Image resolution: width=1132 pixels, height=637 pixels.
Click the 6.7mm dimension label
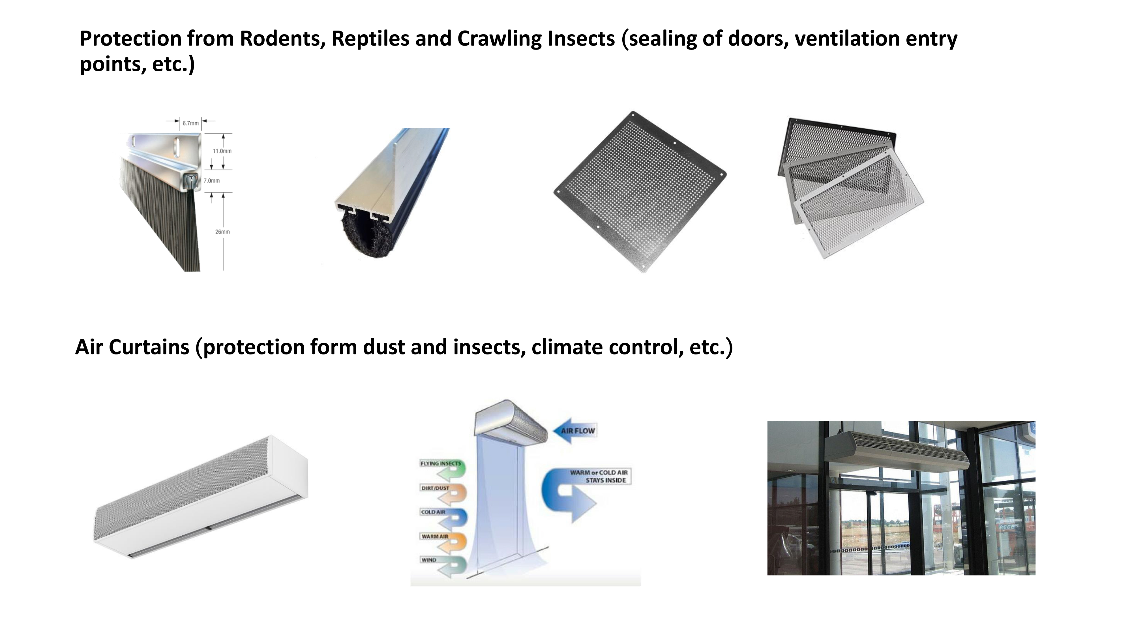(191, 123)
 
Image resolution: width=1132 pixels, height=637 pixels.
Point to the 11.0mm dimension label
(222, 151)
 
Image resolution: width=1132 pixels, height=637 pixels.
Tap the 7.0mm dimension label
(211, 181)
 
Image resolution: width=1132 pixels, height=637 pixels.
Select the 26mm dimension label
(222, 232)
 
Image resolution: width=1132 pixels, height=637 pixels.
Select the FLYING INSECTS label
(441, 464)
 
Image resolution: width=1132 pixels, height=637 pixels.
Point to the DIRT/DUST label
(435, 488)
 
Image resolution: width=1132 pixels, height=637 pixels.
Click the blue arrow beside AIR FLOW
(575, 431)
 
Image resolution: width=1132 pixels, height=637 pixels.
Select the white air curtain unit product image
(201, 497)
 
